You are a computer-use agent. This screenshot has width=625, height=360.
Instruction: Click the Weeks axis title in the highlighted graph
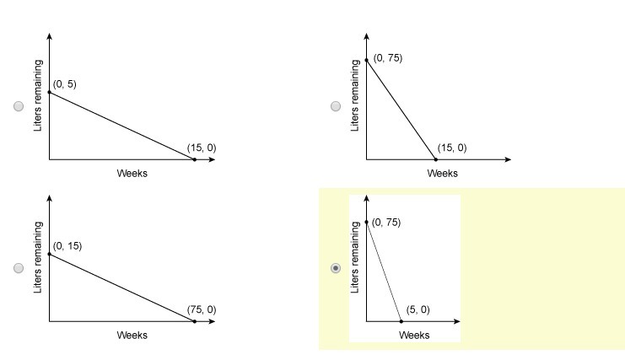tap(414, 335)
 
